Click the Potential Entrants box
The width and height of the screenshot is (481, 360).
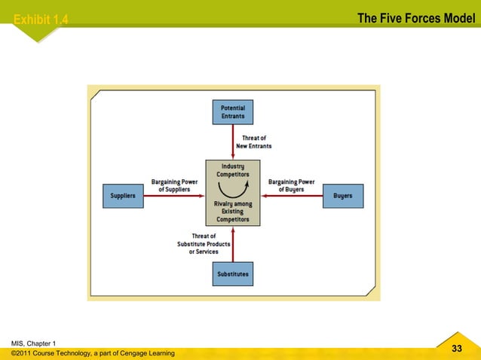coord(232,113)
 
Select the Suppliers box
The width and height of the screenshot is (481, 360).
coord(123,196)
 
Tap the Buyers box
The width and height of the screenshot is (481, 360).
coord(342,196)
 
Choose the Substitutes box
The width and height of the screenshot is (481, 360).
coord(232,274)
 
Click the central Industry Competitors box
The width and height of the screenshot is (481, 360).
coord(232,193)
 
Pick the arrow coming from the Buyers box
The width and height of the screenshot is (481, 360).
coord(291,196)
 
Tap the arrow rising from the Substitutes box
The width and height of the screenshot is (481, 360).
coord(232,244)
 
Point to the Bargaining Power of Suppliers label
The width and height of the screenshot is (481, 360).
coord(175,185)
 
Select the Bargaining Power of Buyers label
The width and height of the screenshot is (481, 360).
coord(291,185)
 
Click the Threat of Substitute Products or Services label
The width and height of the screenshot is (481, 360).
coord(204,244)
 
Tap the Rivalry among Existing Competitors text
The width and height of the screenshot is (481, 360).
coord(232,211)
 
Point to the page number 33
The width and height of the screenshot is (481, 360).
coord(456,348)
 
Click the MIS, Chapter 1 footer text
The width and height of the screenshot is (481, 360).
coord(33,343)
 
